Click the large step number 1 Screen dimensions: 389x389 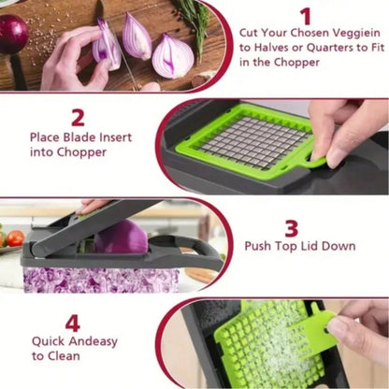coord(305,16)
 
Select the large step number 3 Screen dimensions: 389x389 coord(292,228)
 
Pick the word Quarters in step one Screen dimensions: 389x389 coord(324,46)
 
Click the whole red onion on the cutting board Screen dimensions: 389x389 coord(12,35)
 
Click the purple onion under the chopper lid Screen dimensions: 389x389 coord(121,238)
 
